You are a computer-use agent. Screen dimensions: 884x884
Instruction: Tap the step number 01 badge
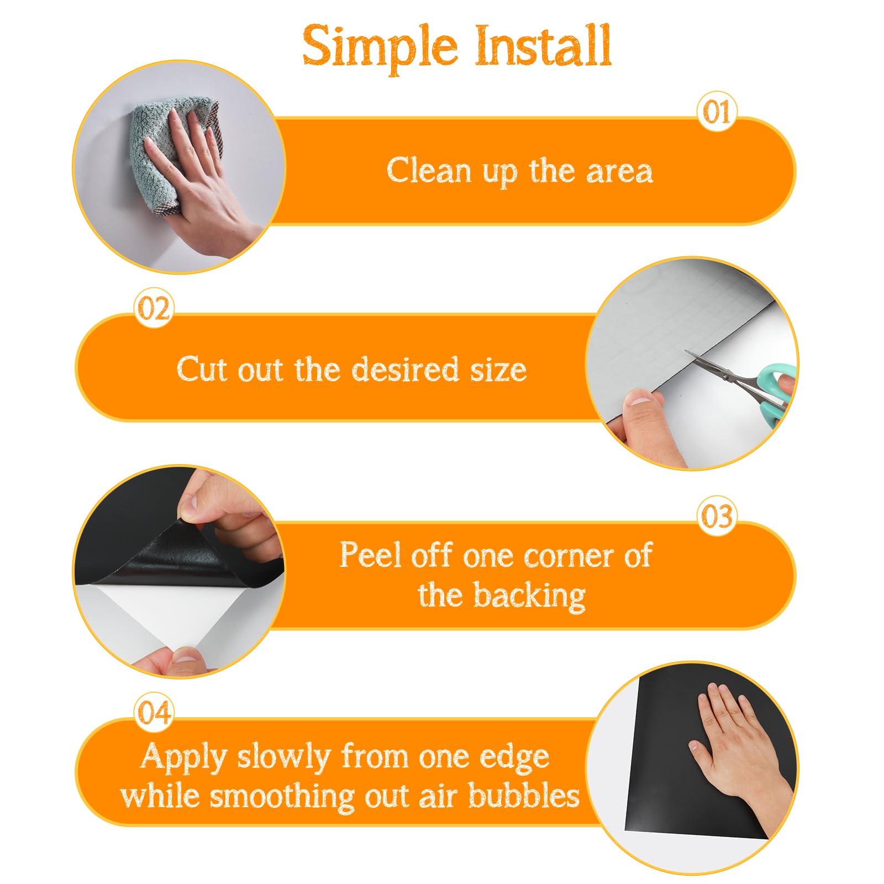pos(717,112)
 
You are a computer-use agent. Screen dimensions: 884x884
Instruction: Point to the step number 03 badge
pos(717,516)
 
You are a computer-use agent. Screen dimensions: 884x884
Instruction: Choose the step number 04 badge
pos(154,713)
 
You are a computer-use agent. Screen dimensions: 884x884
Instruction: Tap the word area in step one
pos(619,171)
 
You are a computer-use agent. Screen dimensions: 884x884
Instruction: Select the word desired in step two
pos(405,369)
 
